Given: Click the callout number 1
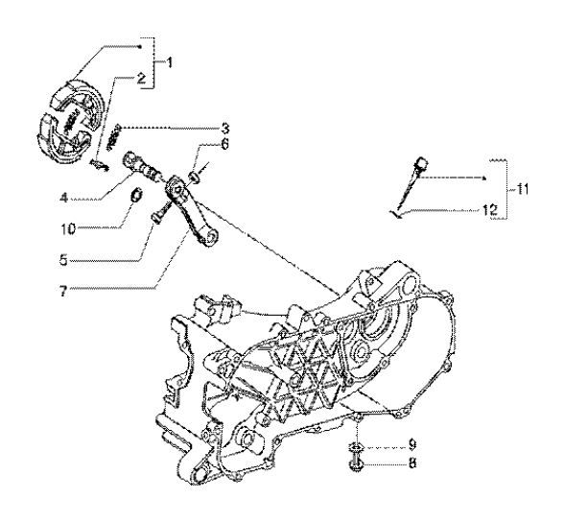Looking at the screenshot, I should point(172,62).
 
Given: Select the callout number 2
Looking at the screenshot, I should point(140,81).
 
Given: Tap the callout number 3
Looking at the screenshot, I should point(199,128).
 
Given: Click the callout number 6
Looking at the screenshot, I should point(199,146).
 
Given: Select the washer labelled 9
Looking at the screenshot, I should point(356,447).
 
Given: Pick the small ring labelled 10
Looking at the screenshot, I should point(136,199).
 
